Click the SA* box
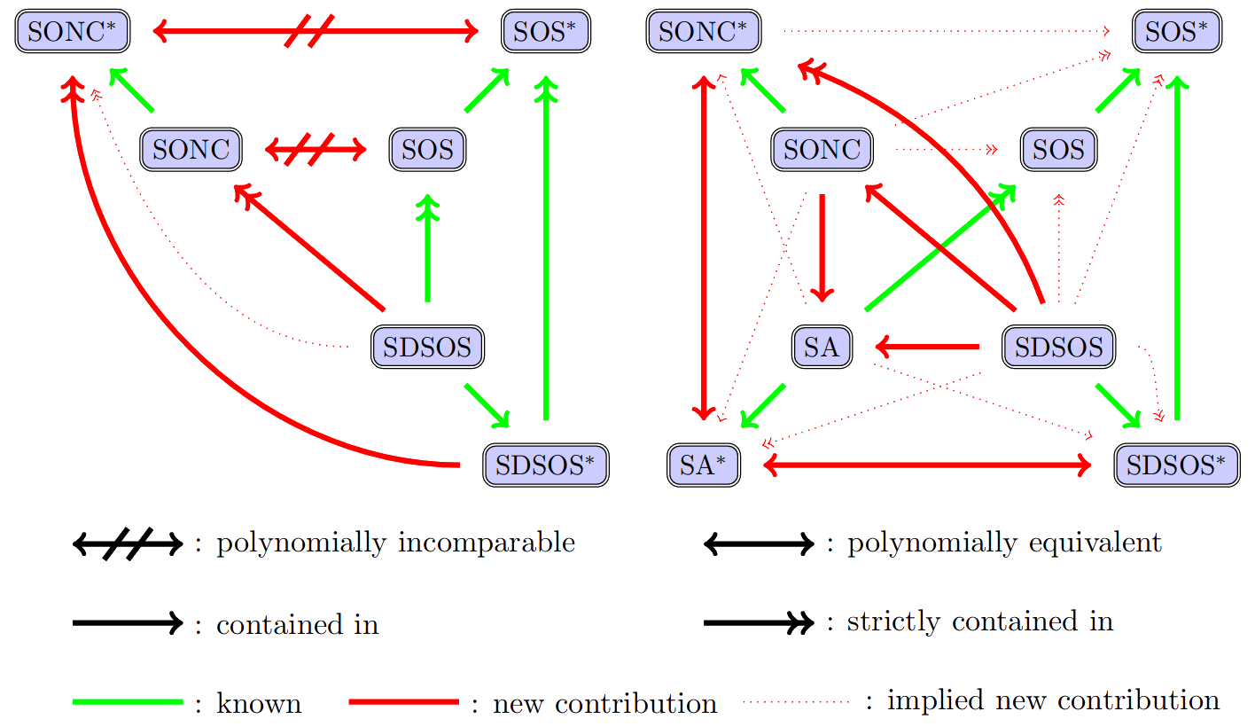click(703, 466)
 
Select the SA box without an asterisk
click(822, 347)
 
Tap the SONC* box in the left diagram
click(73, 33)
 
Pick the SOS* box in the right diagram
click(1177, 33)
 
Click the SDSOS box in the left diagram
click(427, 347)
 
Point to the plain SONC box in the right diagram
click(822, 150)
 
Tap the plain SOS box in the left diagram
click(427, 150)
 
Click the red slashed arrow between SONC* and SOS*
click(316, 33)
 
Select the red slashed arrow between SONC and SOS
click(316, 150)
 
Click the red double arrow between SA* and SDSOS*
click(926, 465)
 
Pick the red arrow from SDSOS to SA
click(927, 347)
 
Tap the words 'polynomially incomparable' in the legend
click(396, 543)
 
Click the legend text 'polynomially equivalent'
click(1004, 543)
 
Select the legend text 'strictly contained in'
click(980, 622)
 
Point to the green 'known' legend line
click(128, 702)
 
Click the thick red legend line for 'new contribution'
click(404, 702)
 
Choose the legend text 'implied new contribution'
click(1053, 701)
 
